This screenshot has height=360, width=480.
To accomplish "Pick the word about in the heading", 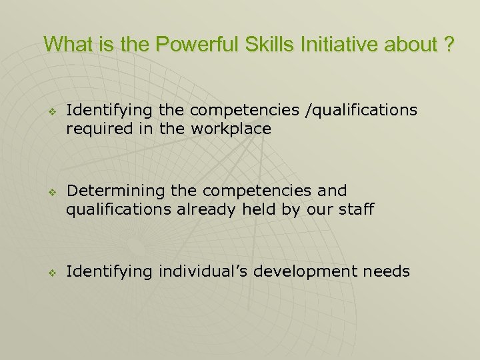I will [413, 45].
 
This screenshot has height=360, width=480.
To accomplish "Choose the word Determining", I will [117, 191].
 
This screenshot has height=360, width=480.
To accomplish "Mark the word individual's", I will [199, 271].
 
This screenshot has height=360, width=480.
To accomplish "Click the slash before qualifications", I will [307, 109].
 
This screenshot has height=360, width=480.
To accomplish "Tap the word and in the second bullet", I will [333, 191].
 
